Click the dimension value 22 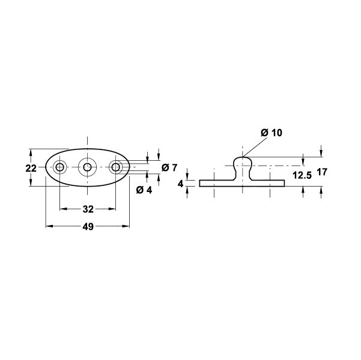[31, 169]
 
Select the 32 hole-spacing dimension [88, 209]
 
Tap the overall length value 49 [88, 227]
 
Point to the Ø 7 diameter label [169, 167]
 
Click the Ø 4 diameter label [144, 190]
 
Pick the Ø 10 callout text [272, 133]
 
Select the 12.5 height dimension [302, 176]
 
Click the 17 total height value [322, 172]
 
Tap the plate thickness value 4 [181, 184]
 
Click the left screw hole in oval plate [59, 167]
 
